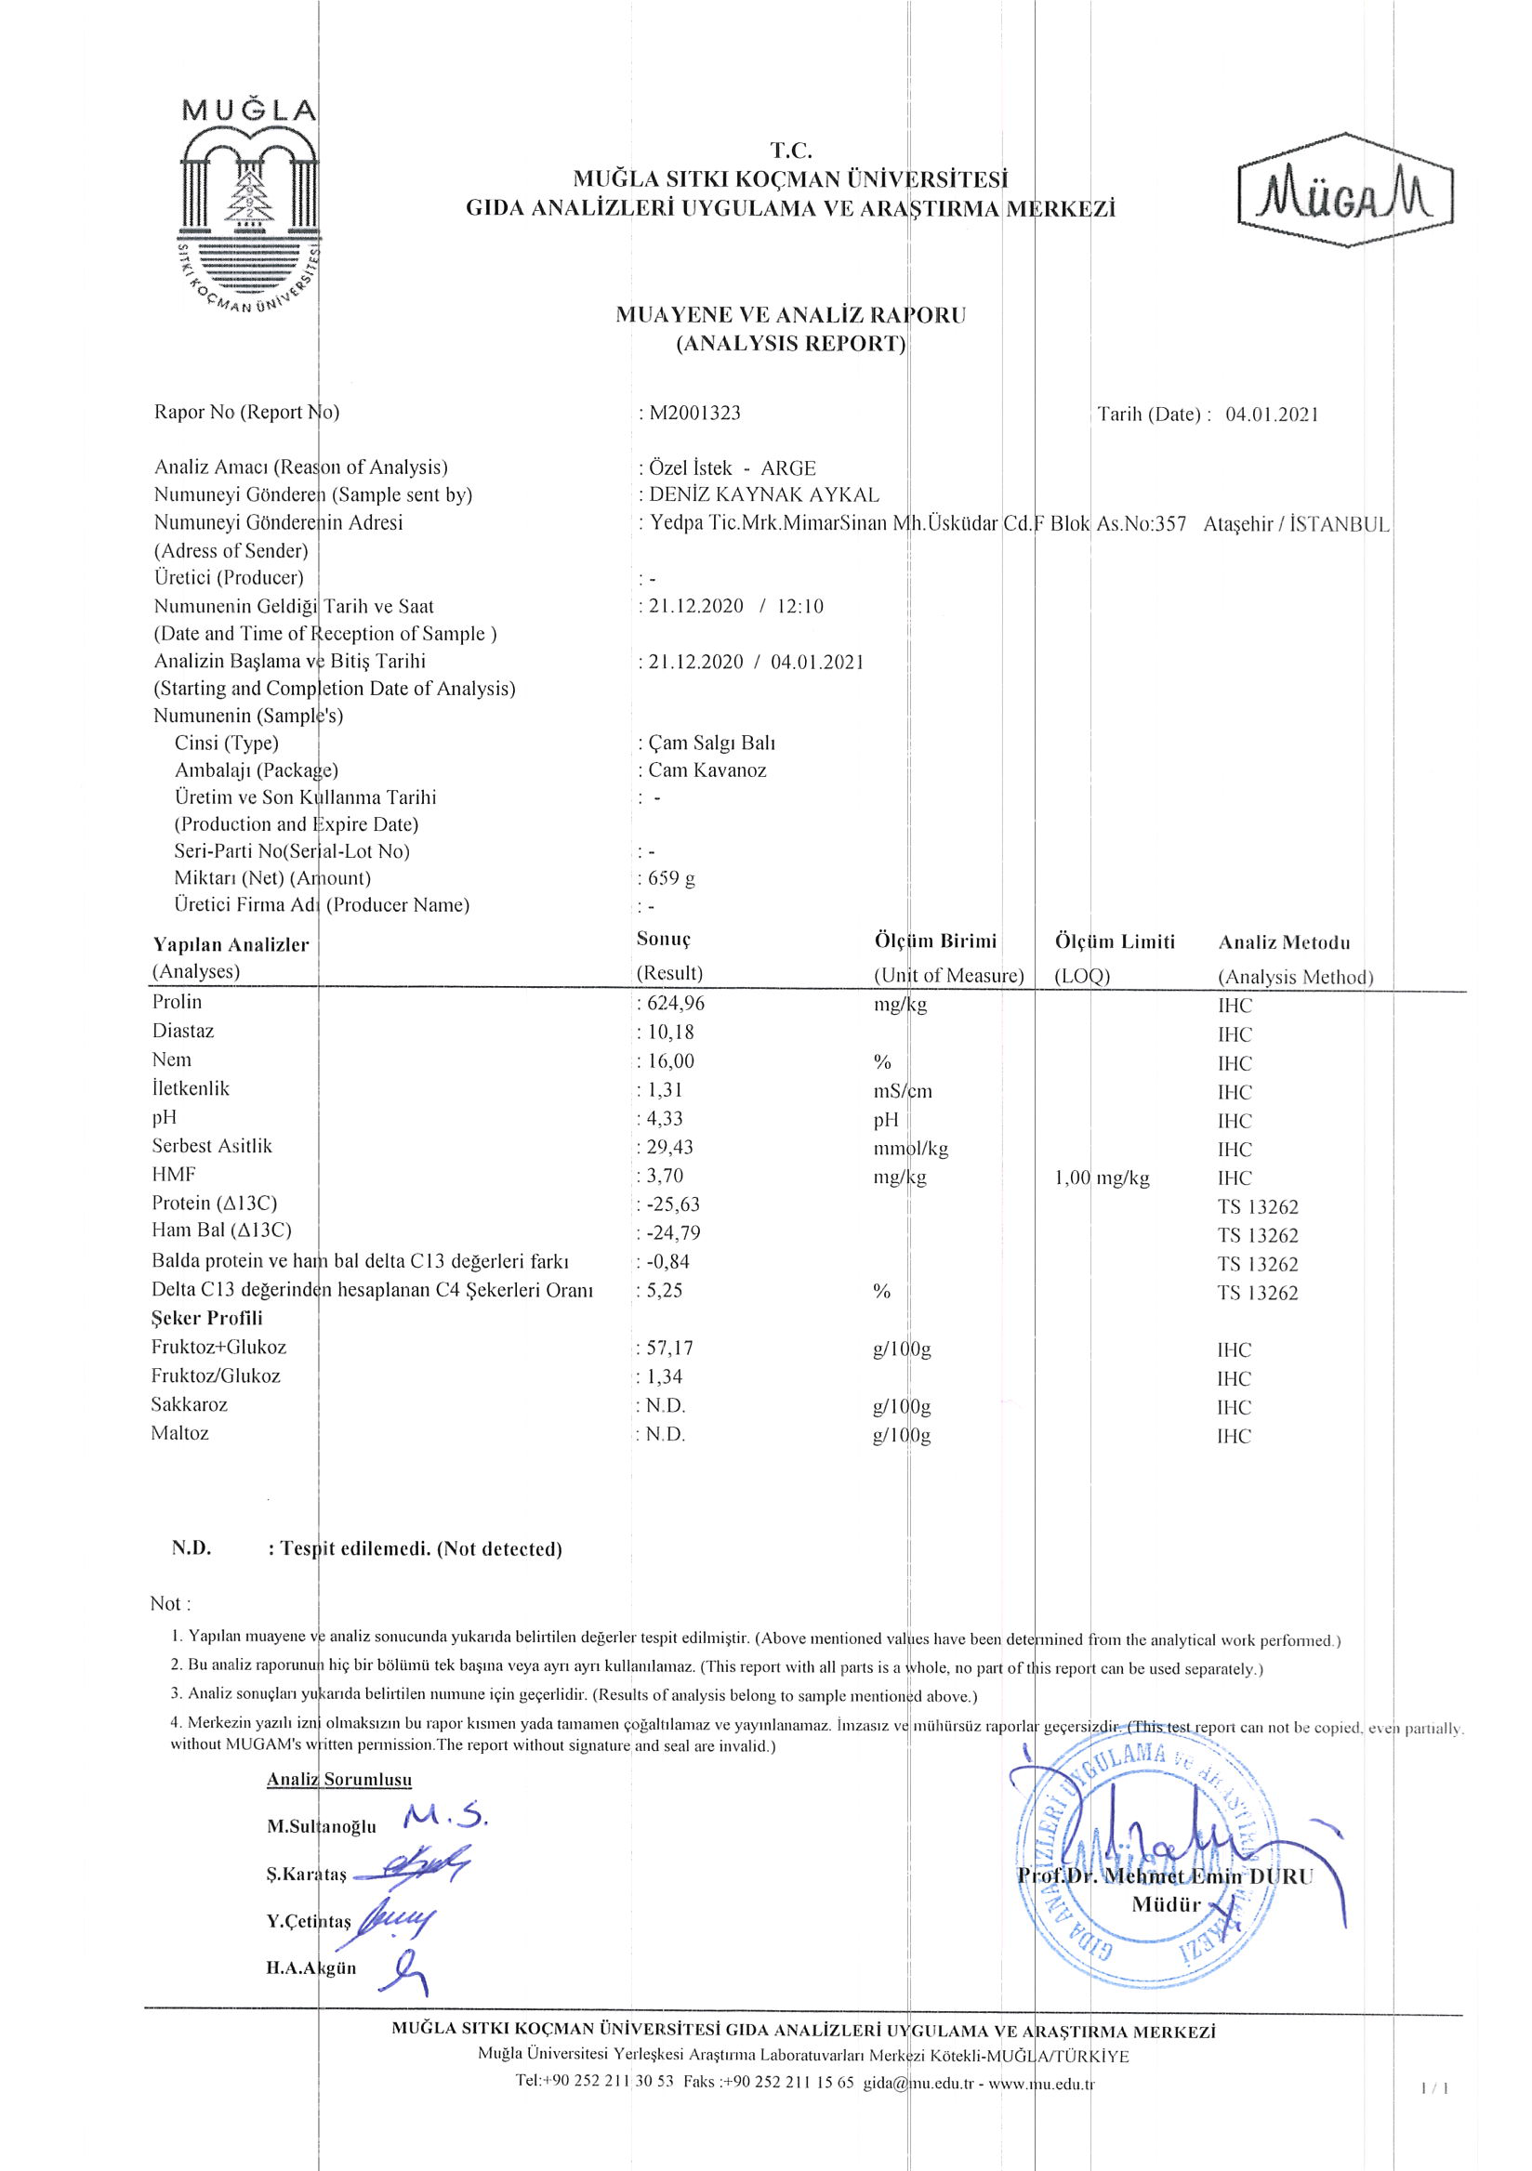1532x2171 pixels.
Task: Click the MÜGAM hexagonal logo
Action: pyautogui.click(x=1345, y=191)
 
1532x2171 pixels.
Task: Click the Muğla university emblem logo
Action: pyautogui.click(x=249, y=208)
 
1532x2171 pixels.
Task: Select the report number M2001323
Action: pyautogui.click(x=694, y=414)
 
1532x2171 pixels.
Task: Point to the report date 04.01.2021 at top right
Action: pyautogui.click(x=1271, y=414)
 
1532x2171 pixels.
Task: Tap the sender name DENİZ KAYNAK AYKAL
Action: pyautogui.click(x=763, y=494)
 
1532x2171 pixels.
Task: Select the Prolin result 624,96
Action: pyautogui.click(x=675, y=1003)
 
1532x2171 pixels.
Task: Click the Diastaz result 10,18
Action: pyautogui.click(x=670, y=1033)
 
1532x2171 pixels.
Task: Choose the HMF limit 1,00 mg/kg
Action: pyautogui.click(x=1102, y=1178)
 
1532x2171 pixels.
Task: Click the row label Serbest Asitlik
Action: pyautogui.click(x=212, y=1146)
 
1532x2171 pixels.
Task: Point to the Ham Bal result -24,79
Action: pyautogui.click(x=673, y=1233)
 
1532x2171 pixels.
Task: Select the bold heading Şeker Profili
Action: pyautogui.click(x=206, y=1318)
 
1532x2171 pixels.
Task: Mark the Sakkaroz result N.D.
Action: pyautogui.click(x=666, y=1406)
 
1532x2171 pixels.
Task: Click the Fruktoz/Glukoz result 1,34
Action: pyautogui.click(x=665, y=1376)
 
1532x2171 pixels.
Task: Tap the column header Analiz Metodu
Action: pyautogui.click(x=1284, y=942)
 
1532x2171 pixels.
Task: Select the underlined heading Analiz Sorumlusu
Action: pyautogui.click(x=339, y=1780)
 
